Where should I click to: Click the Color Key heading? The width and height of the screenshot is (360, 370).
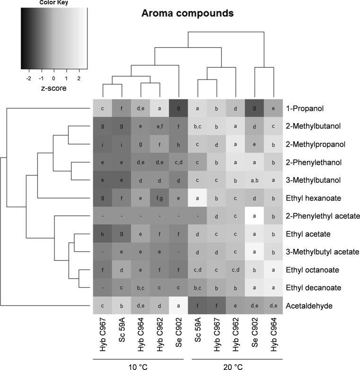pyautogui.click(x=53, y=2)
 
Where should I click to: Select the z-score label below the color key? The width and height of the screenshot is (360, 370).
pyautogui.click(x=53, y=88)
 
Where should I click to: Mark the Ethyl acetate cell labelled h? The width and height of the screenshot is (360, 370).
pyautogui.click(x=102, y=234)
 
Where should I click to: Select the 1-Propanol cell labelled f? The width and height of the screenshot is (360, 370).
pyautogui.click(x=121, y=108)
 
